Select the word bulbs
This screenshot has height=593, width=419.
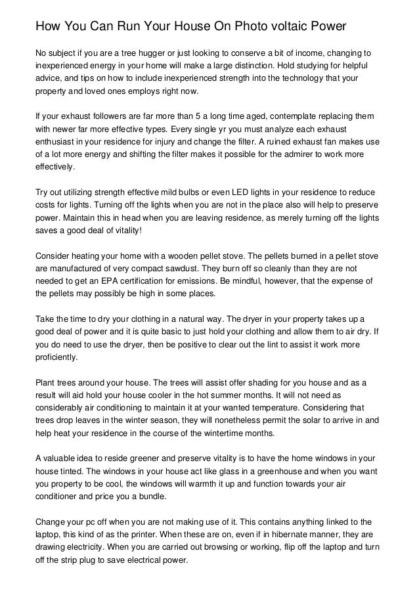[173, 193]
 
